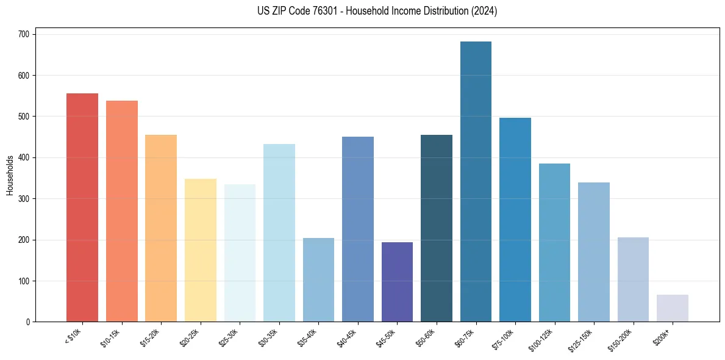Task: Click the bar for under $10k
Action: pos(82,207)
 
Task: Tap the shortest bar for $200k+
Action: pos(673,308)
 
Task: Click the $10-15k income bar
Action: pos(122,211)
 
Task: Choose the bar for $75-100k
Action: pos(515,220)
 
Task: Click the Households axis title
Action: pos(10,175)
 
